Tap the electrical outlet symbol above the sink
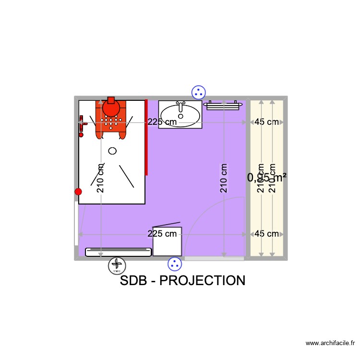pyautogui.click(x=198, y=92)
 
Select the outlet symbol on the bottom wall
pyautogui.click(x=175, y=264)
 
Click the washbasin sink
pyautogui.click(x=180, y=114)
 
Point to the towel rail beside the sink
pyautogui.click(x=222, y=105)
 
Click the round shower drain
pyautogui.click(x=112, y=151)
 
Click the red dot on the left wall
pyautogui.click(x=78, y=192)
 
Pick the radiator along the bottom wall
pyautogui.click(x=119, y=252)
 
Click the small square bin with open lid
pyautogui.click(x=167, y=240)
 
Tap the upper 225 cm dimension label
pyautogui.click(x=162, y=122)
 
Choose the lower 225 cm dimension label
pyautogui.click(x=162, y=234)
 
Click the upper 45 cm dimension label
pyautogui.click(x=266, y=122)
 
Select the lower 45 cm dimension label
pyautogui.click(x=266, y=234)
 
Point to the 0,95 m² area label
pyautogui.click(x=267, y=178)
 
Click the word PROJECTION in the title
pyautogui.click(x=202, y=280)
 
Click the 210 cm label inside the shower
pyautogui.click(x=100, y=178)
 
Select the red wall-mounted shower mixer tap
pyautogui.click(x=82, y=126)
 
